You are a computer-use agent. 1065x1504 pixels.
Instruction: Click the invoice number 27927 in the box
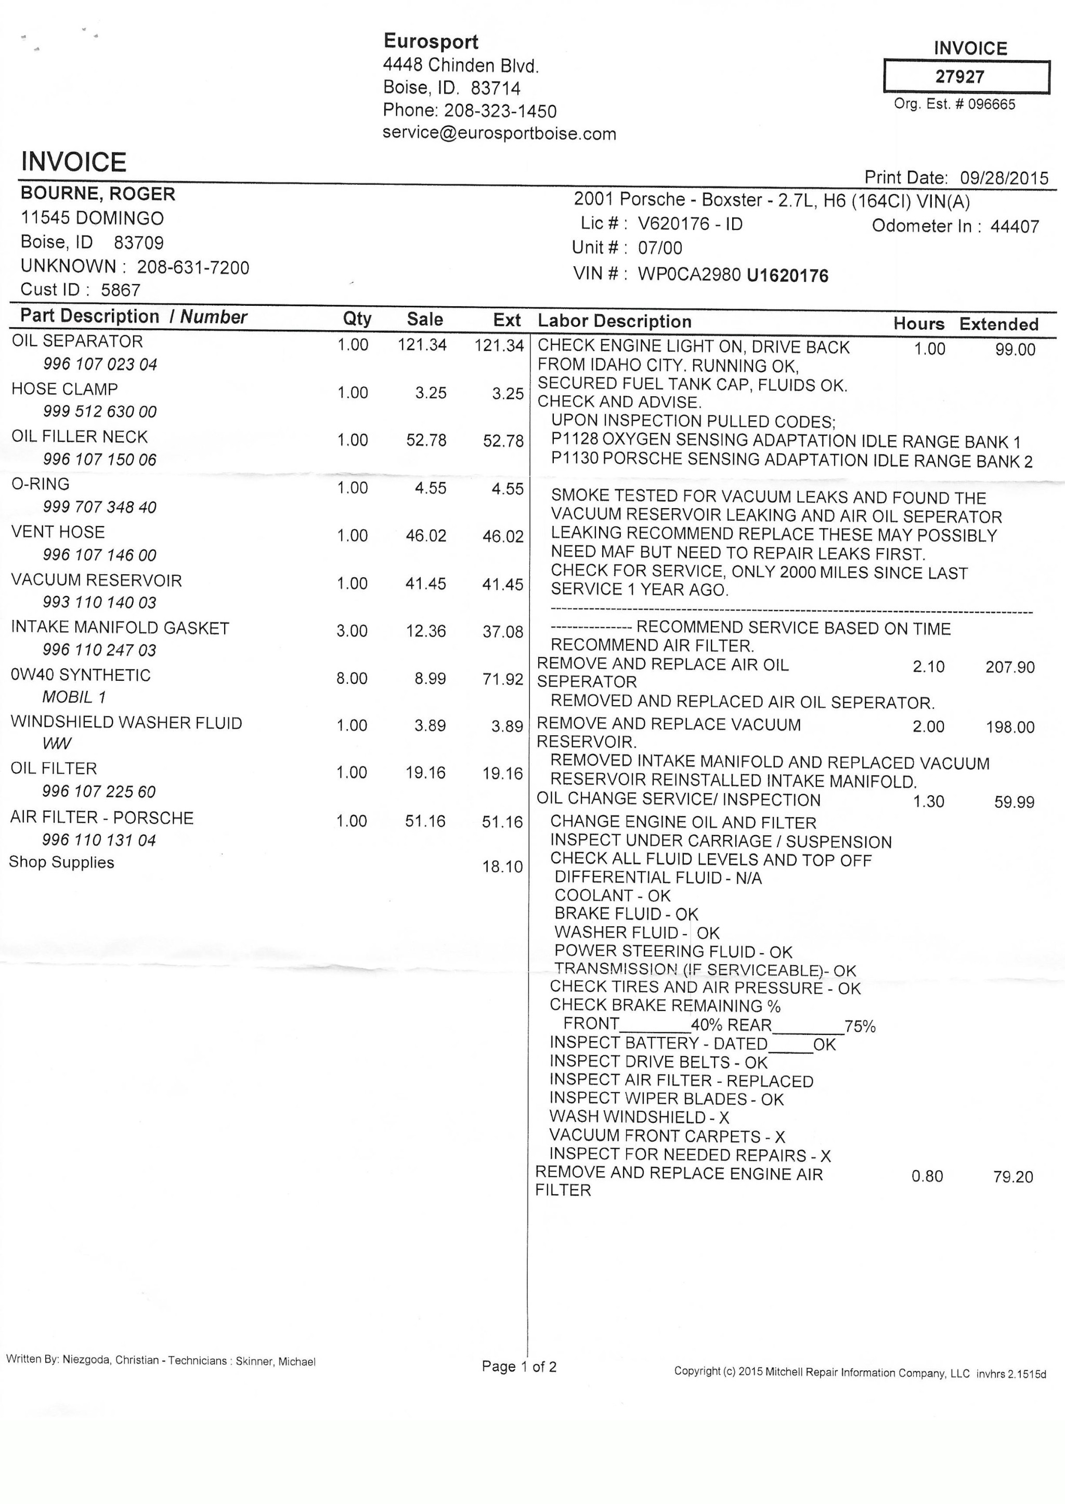959,77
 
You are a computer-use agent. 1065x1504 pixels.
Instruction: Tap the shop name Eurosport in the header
431,41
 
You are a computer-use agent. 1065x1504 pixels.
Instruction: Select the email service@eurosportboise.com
499,133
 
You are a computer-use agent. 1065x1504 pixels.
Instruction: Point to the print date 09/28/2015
1004,178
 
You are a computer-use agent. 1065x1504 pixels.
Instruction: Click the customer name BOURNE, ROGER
98,193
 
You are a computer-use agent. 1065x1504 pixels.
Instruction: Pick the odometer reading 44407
1015,226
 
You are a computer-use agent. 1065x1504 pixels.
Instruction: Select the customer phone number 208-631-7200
193,268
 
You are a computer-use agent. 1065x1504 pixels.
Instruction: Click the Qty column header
357,319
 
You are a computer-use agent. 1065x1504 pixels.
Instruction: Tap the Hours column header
918,323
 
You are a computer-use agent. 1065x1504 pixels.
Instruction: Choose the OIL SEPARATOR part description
77,341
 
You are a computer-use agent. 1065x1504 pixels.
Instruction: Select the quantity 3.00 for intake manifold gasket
352,631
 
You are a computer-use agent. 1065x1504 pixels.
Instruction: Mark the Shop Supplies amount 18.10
502,866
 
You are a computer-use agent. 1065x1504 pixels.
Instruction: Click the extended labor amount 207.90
1010,667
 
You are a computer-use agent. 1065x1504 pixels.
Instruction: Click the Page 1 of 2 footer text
519,1366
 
